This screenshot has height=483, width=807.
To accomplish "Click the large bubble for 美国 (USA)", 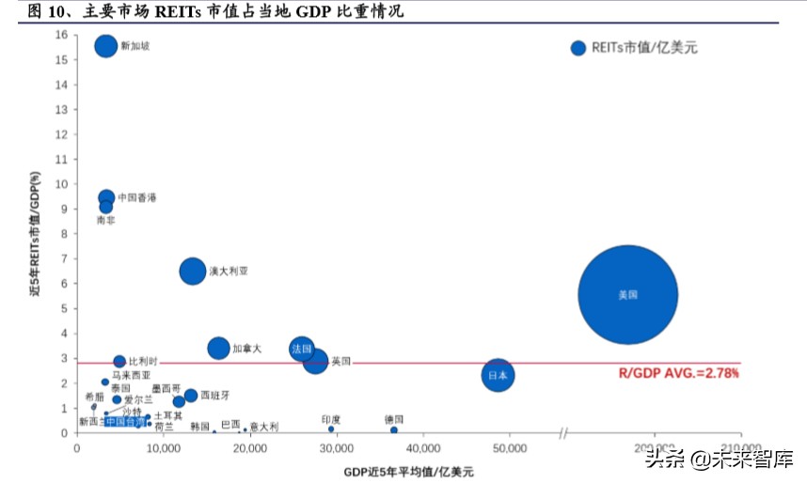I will tap(627, 295).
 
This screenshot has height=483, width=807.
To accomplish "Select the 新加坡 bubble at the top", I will tap(106, 46).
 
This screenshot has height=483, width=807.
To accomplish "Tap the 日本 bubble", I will tap(498, 376).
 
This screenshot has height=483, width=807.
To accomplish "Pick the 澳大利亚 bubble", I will tap(192, 271).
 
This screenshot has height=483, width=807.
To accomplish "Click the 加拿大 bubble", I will tap(218, 349).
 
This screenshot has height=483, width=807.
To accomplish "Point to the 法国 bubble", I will tap(301, 349).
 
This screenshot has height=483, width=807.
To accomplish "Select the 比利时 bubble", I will tap(119, 362).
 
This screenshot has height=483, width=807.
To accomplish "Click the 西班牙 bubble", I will tap(191, 396).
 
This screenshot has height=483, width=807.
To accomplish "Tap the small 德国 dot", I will tap(393, 429).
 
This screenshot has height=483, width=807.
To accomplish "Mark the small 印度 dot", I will tap(331, 429).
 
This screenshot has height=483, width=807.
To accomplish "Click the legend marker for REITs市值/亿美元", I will tap(578, 48).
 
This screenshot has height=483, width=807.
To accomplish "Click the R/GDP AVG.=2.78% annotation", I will tap(678, 373).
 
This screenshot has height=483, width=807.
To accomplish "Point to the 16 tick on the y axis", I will tap(61, 34).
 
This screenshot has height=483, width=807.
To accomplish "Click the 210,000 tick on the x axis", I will tap(740, 449).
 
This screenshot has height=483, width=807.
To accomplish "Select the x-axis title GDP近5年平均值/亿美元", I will tap(408, 470).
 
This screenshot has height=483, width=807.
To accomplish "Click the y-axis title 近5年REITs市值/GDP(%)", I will tap(35, 235).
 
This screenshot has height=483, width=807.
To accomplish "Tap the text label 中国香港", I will tap(137, 198).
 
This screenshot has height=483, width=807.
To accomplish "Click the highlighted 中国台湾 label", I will tap(125, 422).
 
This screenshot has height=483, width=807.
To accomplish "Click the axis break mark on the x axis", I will tap(563, 433).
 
